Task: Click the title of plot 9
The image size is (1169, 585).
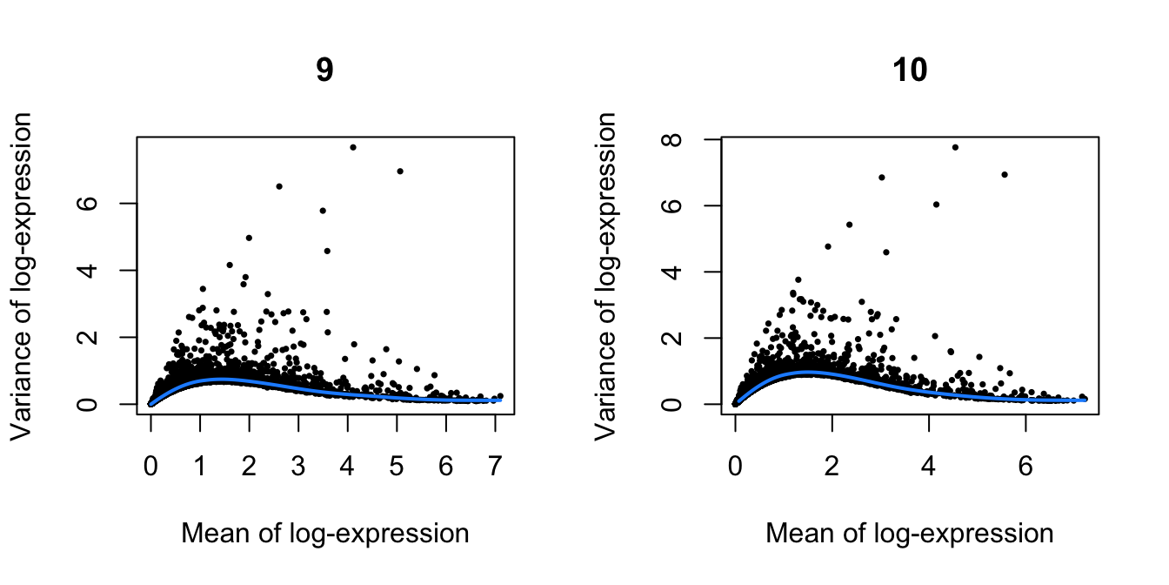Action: (x=324, y=71)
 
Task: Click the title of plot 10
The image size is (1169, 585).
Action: (x=910, y=71)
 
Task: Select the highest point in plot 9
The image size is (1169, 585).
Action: (x=353, y=147)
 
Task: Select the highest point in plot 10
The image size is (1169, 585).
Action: (x=955, y=147)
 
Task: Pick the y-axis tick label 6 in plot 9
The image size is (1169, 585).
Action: (x=104, y=203)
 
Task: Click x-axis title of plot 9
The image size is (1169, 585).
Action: (x=324, y=533)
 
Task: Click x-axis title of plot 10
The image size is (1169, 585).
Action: (x=910, y=533)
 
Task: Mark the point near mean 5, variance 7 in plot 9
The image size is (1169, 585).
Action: (x=400, y=171)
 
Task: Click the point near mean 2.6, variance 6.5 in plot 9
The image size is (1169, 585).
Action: (x=279, y=185)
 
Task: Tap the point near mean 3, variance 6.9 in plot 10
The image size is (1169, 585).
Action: (x=881, y=177)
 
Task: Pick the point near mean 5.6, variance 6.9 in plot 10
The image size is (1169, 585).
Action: (x=1005, y=174)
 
